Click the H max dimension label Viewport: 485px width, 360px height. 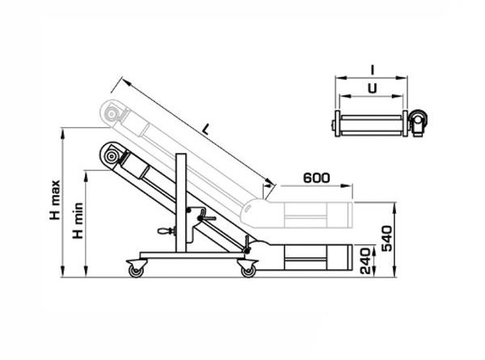coord(55,201)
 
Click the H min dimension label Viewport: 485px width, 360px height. coord(78,220)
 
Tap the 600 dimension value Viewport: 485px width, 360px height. coord(316,178)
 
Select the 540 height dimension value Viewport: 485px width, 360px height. coord(386,238)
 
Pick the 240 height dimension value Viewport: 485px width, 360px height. coord(365,260)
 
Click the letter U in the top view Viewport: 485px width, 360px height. coord(373,88)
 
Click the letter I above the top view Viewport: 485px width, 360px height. coord(373,70)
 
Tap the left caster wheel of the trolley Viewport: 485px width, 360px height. coord(136,271)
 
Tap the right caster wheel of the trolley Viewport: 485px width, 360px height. coord(248,271)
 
